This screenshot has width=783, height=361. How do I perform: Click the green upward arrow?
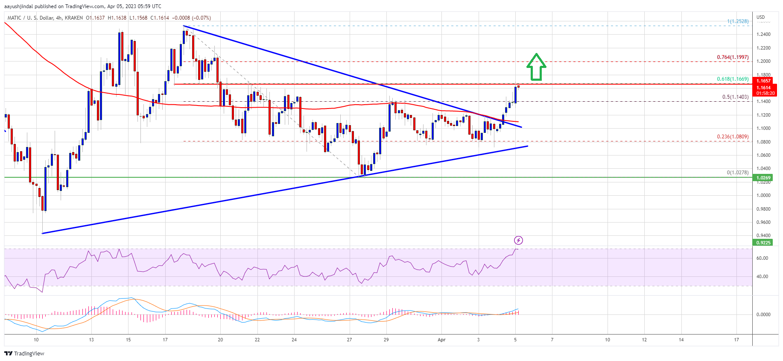pos(536,67)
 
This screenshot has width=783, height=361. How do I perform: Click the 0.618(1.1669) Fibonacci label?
pos(732,79)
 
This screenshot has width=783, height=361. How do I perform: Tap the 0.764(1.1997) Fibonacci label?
pos(732,57)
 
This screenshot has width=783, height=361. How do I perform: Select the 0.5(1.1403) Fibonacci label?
pos(735,97)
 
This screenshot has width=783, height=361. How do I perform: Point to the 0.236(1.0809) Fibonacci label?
pos(732,137)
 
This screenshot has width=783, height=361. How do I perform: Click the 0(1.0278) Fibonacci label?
pos(737,173)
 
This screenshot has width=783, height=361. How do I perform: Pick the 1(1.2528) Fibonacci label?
pos(738,21)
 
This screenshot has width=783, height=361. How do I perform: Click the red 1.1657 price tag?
pos(763,81)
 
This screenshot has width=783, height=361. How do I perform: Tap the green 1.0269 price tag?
pos(763,178)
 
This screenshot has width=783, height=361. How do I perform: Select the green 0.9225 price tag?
pos(763,243)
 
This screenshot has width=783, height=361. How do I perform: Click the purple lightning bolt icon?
pos(518,240)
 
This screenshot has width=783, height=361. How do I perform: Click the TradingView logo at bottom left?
pos(24,353)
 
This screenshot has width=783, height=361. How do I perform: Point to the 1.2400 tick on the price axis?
pos(763,34)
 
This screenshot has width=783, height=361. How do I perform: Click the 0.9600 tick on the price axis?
pos(763,222)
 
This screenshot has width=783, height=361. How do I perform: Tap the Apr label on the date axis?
pos(441,340)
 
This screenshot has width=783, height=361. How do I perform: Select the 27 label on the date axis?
pos(349,340)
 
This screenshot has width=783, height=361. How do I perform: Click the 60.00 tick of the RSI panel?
pos(762,258)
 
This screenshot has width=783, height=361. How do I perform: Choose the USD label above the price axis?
pos(761,18)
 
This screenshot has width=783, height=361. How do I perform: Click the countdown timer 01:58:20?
pos(765,93)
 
